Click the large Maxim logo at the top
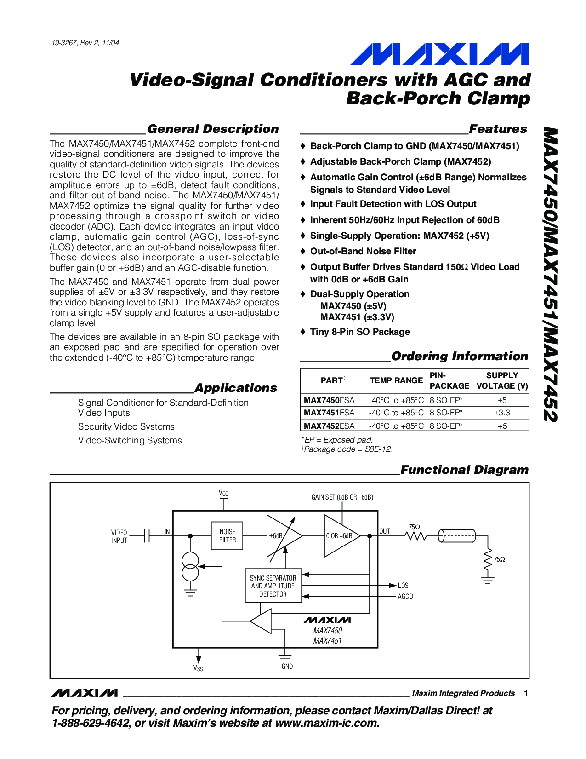(439, 54)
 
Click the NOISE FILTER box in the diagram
(227, 535)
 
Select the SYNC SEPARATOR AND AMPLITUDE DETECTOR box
(273, 586)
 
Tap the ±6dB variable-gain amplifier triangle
(281, 536)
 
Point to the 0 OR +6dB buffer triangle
(340, 536)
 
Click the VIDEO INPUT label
(119, 536)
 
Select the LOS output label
(403, 586)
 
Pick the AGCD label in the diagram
(405, 597)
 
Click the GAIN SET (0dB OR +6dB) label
(342, 497)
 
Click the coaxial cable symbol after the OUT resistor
(456, 536)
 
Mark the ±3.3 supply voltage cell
(502, 413)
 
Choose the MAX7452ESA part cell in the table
(329, 426)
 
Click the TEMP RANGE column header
(396, 380)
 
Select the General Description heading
(213, 129)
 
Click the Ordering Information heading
(460, 356)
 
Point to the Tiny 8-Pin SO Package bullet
(360, 332)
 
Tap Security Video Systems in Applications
(126, 427)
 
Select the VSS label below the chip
(198, 668)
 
